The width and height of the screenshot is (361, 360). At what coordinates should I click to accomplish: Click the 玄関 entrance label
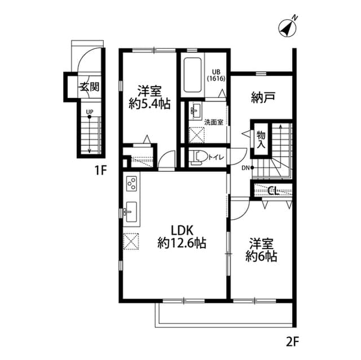89,87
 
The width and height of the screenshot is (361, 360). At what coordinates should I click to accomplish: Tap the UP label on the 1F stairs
89,112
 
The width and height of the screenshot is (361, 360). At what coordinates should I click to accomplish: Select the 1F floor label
100,171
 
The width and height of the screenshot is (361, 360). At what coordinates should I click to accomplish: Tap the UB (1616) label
216,75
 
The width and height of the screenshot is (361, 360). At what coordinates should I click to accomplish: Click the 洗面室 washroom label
213,121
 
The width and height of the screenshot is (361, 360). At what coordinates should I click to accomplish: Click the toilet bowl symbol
197,157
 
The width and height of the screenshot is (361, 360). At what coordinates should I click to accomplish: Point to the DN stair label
246,168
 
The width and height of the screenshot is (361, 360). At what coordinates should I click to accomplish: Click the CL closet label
272,190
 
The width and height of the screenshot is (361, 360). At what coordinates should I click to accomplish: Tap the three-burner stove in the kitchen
131,184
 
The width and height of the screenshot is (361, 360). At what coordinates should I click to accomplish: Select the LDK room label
182,230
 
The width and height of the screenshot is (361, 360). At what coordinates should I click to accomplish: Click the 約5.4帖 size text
149,104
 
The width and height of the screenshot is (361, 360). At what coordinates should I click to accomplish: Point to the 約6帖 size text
261,257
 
